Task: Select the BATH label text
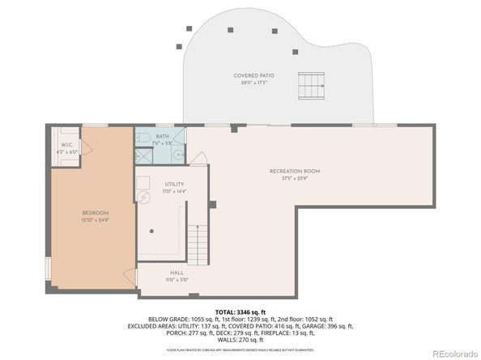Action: tap(163, 137)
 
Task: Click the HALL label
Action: tap(176, 273)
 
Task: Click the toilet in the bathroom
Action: tap(141, 137)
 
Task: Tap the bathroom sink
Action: tap(177, 152)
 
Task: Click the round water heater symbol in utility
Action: tap(143, 197)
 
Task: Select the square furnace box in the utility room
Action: tap(143, 182)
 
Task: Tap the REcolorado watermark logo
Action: tap(453, 353)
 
